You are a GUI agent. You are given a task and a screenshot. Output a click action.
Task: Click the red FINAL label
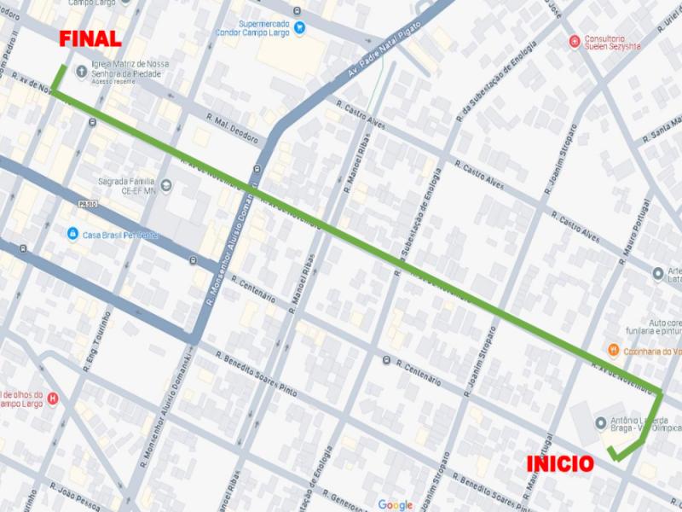click(x=90, y=39)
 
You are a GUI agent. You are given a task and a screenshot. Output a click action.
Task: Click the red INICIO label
click(x=560, y=463)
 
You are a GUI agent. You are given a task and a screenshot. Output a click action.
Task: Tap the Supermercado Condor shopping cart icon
click(x=298, y=27)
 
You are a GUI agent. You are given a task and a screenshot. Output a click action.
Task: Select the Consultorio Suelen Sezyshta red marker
click(x=575, y=40)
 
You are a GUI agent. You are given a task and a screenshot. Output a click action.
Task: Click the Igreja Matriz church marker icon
click(x=81, y=71)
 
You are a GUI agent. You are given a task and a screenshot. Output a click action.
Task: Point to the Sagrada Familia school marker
click(x=165, y=184)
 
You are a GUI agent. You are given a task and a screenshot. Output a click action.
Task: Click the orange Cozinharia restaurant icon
click(x=612, y=350)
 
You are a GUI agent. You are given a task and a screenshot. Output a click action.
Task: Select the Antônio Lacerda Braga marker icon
click(x=600, y=422)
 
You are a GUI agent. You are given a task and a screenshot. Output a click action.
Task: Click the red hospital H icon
click(x=54, y=398)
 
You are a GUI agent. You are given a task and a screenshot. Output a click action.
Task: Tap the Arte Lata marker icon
click(x=658, y=274)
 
